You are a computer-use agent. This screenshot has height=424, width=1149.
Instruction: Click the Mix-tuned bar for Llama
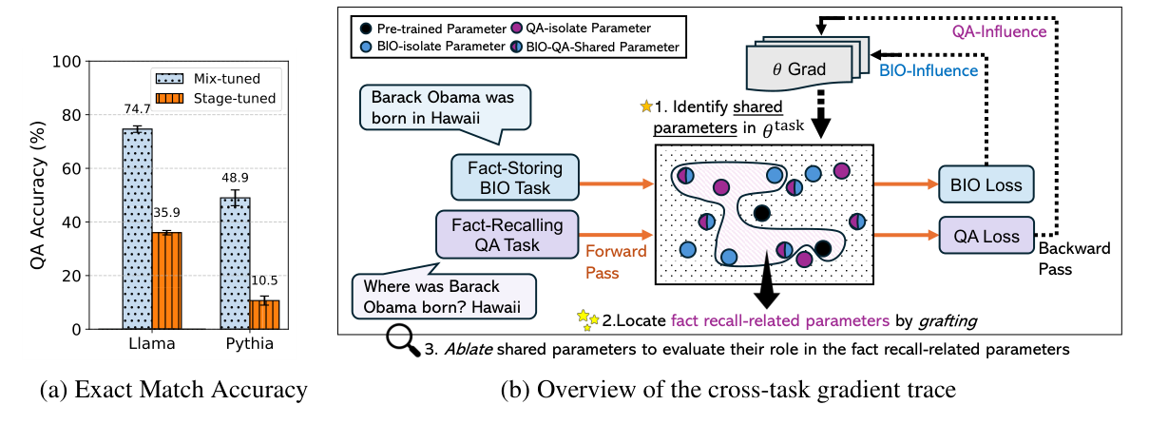pyautogui.click(x=138, y=228)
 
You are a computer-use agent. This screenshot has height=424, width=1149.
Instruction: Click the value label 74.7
pyautogui.click(x=138, y=110)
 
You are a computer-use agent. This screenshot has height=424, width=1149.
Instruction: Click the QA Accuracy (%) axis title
pyautogui.click(x=38, y=195)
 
